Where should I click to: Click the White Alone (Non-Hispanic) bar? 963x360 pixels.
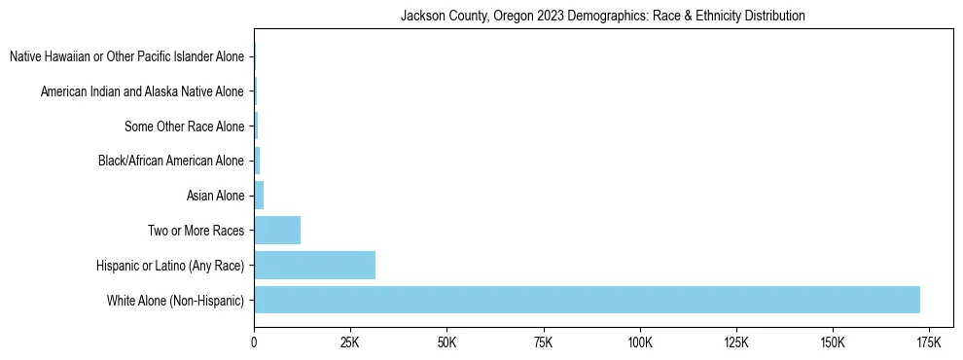pyautogui.click(x=587, y=300)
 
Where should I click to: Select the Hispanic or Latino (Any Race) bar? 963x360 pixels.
pyautogui.click(x=314, y=265)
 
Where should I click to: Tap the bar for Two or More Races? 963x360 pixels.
pyautogui.click(x=277, y=231)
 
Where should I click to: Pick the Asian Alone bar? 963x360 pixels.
pyautogui.click(x=259, y=196)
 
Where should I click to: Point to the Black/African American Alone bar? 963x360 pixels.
pyautogui.click(x=257, y=161)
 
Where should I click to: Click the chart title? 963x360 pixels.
pyautogui.click(x=603, y=16)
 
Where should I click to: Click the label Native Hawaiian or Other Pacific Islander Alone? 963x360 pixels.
pyautogui.click(x=126, y=57)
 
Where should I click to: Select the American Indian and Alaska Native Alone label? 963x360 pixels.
pyautogui.click(x=142, y=91)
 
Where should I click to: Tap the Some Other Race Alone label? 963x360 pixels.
pyautogui.click(x=185, y=126)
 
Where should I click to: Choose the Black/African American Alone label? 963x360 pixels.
pyautogui.click(x=171, y=161)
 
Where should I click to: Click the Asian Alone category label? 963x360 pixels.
pyautogui.click(x=215, y=196)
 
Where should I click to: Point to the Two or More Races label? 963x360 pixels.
pyautogui.click(x=196, y=231)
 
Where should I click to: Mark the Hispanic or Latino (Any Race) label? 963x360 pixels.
pyautogui.click(x=170, y=265)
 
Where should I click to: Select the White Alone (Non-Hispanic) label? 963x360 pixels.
pyautogui.click(x=176, y=300)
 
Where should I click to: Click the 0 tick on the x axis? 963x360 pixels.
pyautogui.click(x=254, y=343)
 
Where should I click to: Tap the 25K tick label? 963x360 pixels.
pyautogui.click(x=350, y=343)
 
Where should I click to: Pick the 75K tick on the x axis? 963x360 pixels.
pyautogui.click(x=543, y=343)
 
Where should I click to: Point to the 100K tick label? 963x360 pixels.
pyautogui.click(x=639, y=343)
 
